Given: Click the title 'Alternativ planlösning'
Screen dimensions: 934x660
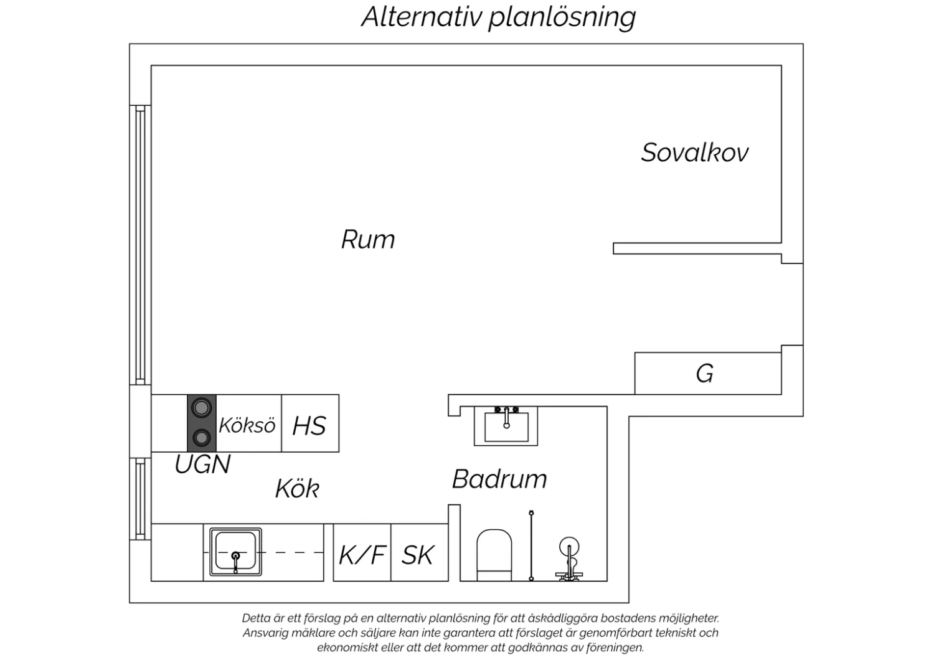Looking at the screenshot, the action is point(499,17).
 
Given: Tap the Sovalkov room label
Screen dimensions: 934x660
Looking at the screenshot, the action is point(695,153).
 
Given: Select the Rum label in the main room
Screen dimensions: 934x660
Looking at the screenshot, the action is point(368,239).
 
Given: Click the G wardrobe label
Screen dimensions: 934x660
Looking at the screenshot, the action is point(705,374).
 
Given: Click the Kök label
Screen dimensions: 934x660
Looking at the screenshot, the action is point(297,489).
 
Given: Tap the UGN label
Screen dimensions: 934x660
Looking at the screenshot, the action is point(202,464).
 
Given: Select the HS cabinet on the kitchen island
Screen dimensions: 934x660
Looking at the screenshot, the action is point(310,423).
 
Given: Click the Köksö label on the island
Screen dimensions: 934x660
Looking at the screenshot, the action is point(247,426).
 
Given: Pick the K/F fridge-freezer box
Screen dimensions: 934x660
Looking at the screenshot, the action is point(362,552).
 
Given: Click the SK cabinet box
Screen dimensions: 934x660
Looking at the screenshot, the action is point(420,552).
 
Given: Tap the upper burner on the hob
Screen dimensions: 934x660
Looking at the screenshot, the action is point(201,407).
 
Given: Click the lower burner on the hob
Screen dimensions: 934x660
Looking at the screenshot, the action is point(201,438).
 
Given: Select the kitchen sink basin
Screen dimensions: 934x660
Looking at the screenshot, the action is point(235,552).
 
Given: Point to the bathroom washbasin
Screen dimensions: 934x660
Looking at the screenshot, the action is point(506,426).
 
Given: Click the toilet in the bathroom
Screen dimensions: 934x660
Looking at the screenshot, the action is point(494,555).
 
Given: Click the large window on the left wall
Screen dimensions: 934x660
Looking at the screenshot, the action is point(140,245).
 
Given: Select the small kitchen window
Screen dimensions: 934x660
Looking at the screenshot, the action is point(140,499).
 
